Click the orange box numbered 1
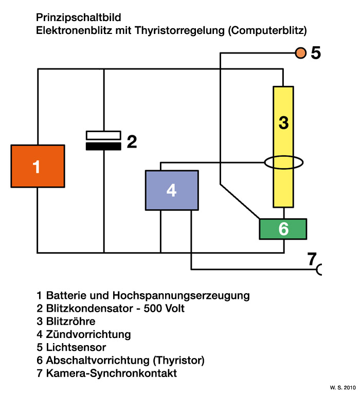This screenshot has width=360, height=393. point(38,166)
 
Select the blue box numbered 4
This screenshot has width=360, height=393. point(172,190)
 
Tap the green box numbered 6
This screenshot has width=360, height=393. point(283,229)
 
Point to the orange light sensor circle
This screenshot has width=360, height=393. point(300,52)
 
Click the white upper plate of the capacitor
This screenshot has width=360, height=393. point(103,135)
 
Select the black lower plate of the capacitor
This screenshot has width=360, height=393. point(103,146)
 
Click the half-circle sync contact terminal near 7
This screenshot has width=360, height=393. point(319,269)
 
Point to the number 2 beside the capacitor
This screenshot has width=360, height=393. point(132,141)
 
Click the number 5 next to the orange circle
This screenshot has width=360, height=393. point(316,52)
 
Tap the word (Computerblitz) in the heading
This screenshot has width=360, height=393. point(268,30)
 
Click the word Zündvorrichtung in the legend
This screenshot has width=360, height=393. point(88,334)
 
